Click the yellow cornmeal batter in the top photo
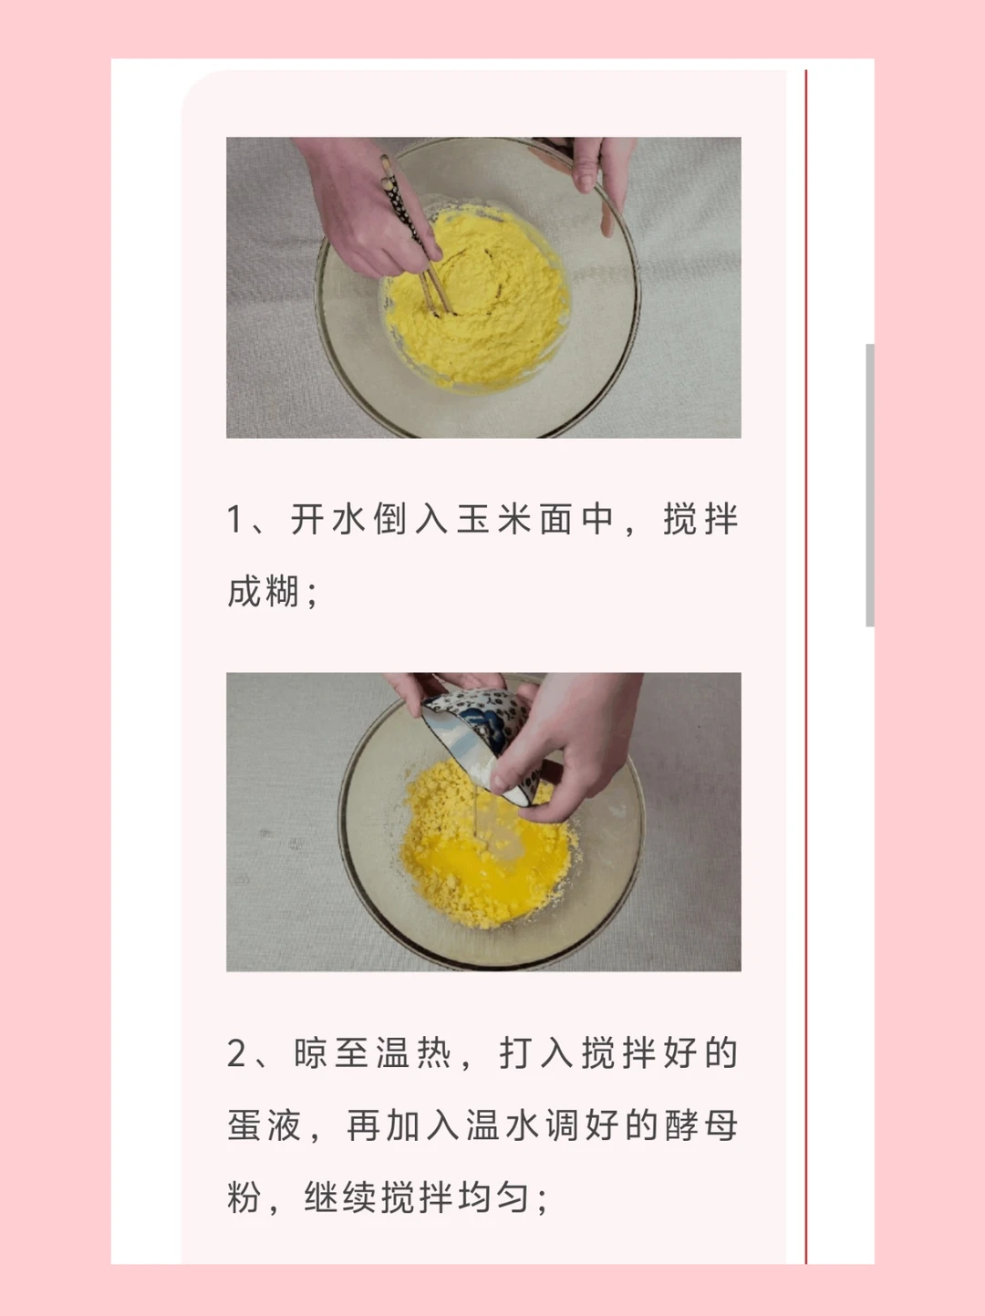477,296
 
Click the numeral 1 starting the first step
234,519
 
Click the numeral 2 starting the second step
236,1053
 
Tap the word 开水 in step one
328,519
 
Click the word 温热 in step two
414,1053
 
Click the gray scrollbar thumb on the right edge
869,485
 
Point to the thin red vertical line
806,667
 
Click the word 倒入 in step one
410,519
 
